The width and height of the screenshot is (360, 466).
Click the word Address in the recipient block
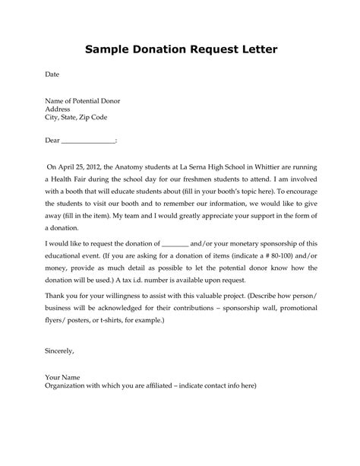[60, 109]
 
